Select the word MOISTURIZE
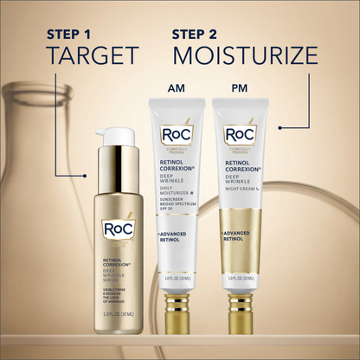coord(245,56)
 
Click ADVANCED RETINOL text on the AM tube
coord(175,238)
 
